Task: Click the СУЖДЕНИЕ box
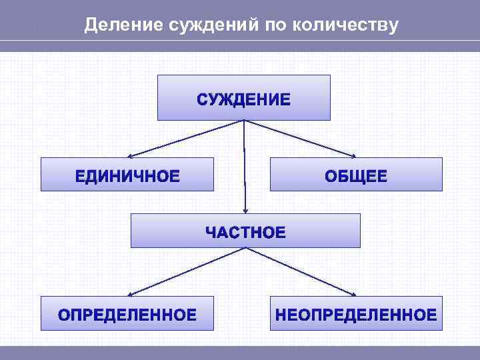coord(243,98)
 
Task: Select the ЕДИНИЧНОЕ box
coord(127,175)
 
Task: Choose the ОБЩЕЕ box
coord(355,175)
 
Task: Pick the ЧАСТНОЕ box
coord(245,231)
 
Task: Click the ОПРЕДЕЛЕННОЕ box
coord(127,313)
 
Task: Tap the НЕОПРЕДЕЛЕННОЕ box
coord(355,313)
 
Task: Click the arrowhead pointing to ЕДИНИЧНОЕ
coord(129,155)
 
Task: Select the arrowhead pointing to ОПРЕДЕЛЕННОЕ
coord(130,294)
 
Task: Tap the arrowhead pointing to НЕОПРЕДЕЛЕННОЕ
coord(356,294)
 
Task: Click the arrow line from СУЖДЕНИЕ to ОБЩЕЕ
coord(300,138)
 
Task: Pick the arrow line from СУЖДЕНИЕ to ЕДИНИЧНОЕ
coord(187,138)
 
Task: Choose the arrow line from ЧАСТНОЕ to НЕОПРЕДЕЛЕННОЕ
coord(300,271)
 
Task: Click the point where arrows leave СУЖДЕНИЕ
coord(244,121)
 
